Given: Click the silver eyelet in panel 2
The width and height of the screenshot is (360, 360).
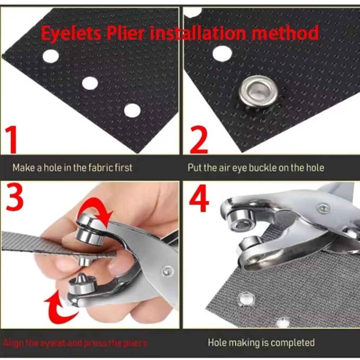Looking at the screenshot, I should (x=258, y=92).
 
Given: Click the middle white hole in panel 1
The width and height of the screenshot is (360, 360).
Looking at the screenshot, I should (x=90, y=83).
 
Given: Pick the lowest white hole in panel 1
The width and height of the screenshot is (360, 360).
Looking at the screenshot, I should (x=132, y=110).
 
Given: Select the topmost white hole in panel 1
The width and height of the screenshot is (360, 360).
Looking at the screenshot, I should (x=51, y=56).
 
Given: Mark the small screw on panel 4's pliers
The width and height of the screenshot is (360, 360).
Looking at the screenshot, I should (x=323, y=208).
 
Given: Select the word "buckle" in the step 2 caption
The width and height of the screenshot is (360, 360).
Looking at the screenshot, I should (x=264, y=167).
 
